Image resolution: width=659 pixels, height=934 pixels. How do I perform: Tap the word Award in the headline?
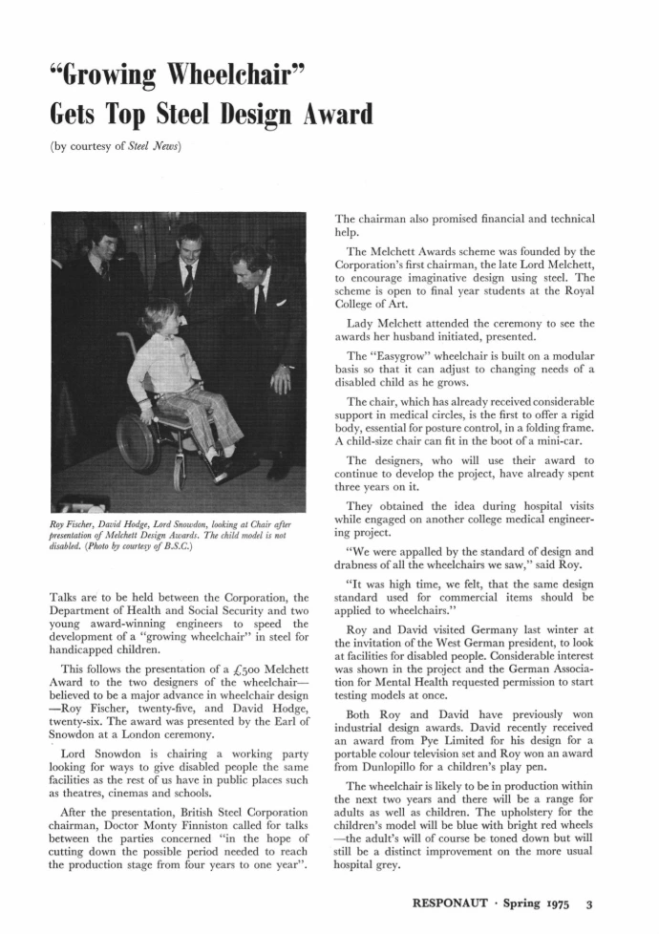[318, 116]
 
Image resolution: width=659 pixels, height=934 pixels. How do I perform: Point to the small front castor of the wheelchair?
[179, 475]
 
